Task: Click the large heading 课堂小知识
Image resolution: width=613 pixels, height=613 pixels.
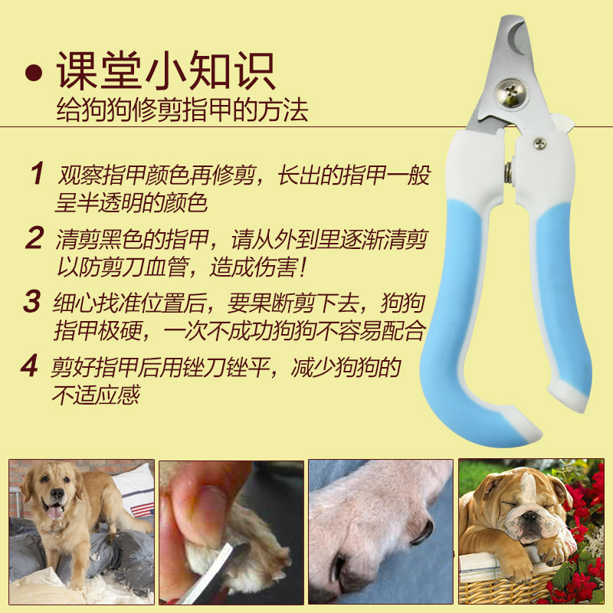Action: [166, 70]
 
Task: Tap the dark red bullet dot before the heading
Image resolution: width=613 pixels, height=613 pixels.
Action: [34, 72]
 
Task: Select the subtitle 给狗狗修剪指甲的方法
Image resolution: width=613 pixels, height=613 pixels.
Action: [182, 110]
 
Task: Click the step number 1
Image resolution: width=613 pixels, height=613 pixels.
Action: [38, 173]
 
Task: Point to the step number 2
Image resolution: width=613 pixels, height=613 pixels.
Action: [34, 238]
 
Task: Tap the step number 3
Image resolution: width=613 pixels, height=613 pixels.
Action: [32, 301]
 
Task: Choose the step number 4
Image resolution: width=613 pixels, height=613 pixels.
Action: [30, 366]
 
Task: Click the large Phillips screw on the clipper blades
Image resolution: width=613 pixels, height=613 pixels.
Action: [510, 93]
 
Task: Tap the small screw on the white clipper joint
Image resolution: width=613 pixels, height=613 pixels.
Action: [540, 143]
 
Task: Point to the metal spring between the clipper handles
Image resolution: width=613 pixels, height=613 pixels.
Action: [509, 172]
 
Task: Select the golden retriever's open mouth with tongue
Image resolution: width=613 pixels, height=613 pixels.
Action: [54, 510]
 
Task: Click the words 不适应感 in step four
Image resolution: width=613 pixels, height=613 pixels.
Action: [97, 395]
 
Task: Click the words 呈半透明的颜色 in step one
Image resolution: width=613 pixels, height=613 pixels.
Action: [131, 202]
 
